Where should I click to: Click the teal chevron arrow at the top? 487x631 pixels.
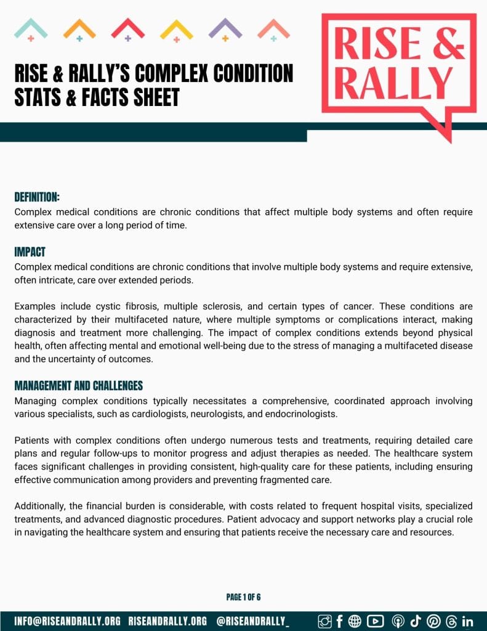31,28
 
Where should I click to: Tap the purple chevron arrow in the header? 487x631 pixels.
225,28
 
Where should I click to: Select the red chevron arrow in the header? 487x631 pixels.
128,28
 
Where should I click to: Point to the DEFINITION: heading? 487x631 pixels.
37,197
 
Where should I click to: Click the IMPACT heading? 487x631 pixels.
30,253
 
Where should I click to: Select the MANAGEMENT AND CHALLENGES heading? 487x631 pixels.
79,386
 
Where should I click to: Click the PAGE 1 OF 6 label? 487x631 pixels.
244,597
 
